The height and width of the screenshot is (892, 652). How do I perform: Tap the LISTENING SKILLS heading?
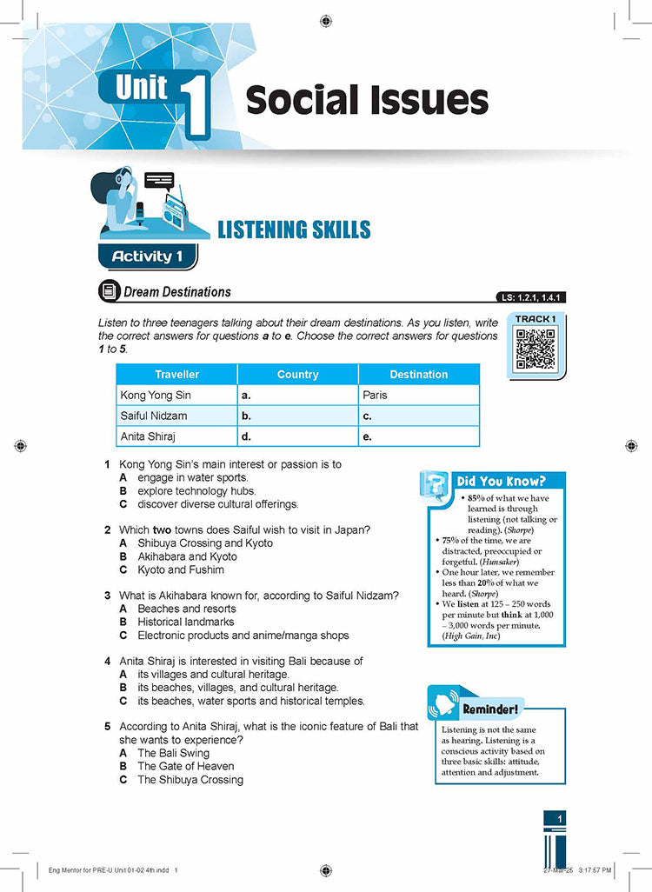click(x=294, y=230)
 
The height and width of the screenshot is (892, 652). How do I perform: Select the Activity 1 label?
click(x=146, y=256)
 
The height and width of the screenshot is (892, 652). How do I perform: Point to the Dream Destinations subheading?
click(x=177, y=292)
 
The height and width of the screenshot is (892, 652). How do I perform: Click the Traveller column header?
click(x=176, y=375)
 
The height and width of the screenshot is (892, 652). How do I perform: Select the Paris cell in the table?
click(x=376, y=395)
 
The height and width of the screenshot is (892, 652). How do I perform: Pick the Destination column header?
click(x=418, y=375)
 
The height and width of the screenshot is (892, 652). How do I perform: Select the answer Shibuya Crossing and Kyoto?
click(x=205, y=543)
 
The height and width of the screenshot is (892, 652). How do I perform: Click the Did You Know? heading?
click(x=501, y=481)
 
